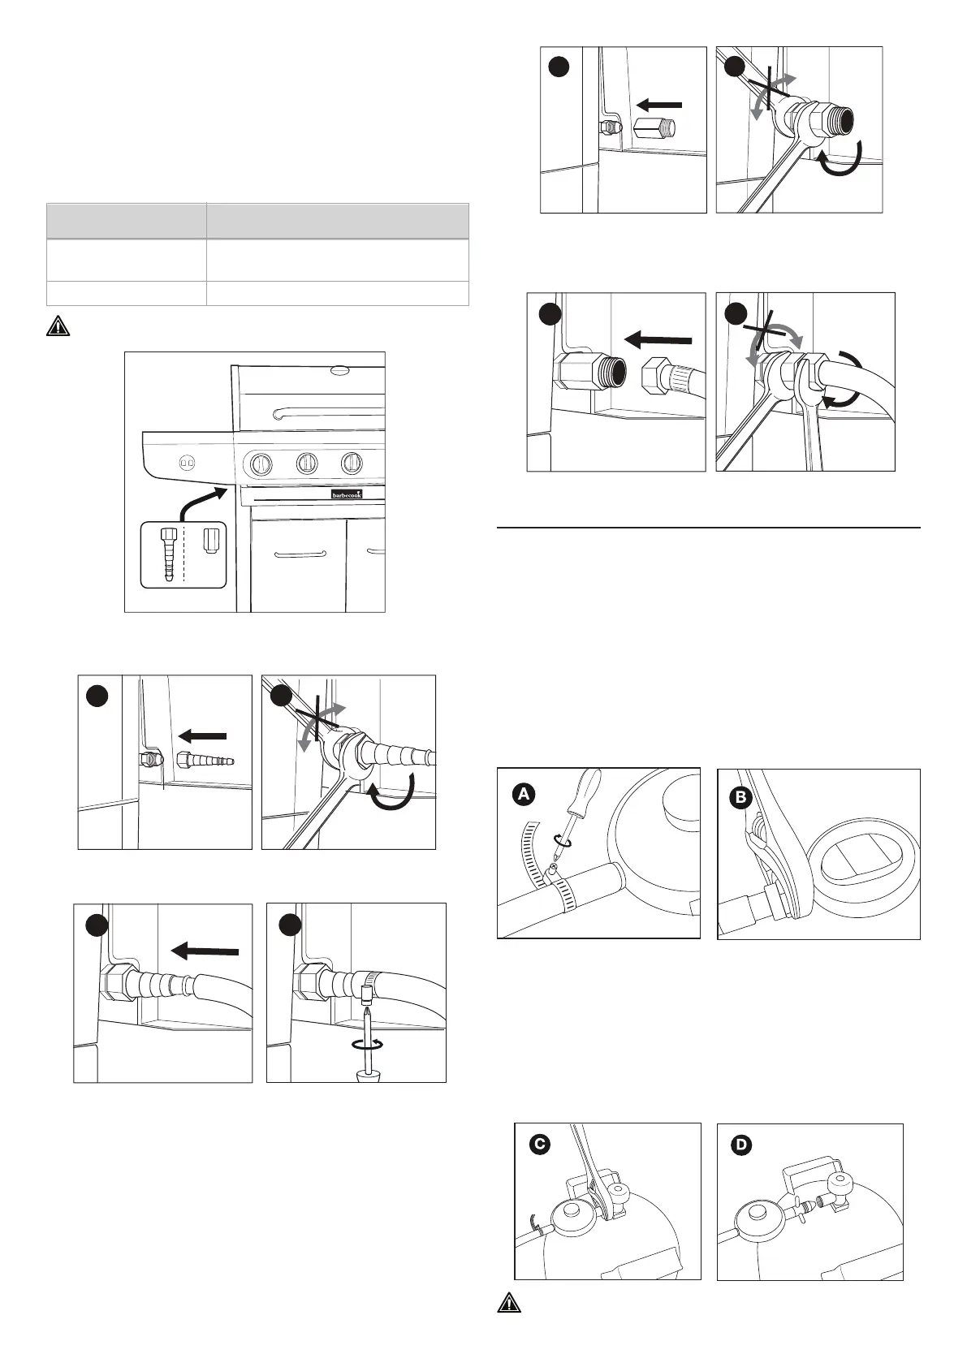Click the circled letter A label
coord(524,795)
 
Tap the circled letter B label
coord(740,798)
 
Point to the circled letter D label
coord(740,1145)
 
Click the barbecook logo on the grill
coord(347,494)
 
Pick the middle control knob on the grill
coord(306,464)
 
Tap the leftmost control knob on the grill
coord(260,465)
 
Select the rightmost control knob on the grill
coord(352,464)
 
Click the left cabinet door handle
coord(300,555)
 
